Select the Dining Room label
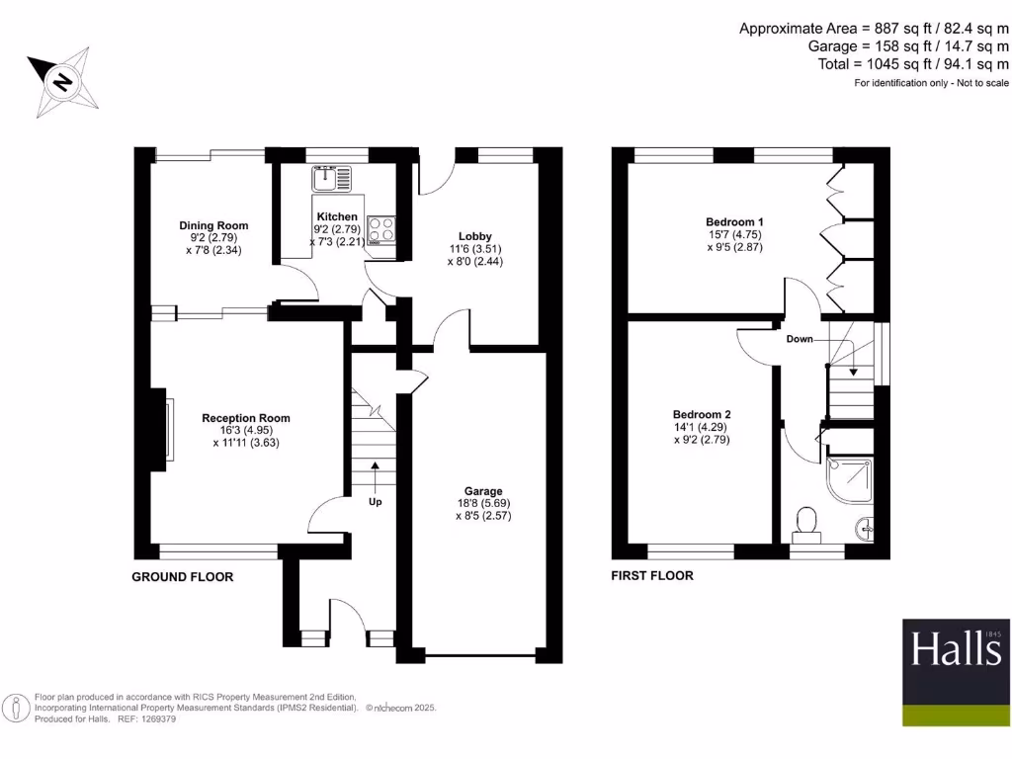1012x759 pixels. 213,225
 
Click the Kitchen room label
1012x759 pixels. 336,216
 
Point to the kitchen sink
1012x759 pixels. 331,179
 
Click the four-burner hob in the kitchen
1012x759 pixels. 382,230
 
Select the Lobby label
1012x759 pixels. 474,235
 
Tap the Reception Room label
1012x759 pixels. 246,418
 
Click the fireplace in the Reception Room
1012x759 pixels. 167,430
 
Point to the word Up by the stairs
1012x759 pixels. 376,501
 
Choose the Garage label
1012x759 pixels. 484,491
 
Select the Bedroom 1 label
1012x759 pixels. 734,221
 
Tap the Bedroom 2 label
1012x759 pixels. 702,414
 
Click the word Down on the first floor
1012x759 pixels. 800,339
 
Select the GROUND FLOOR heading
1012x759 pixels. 183,576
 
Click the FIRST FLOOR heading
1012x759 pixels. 652,575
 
